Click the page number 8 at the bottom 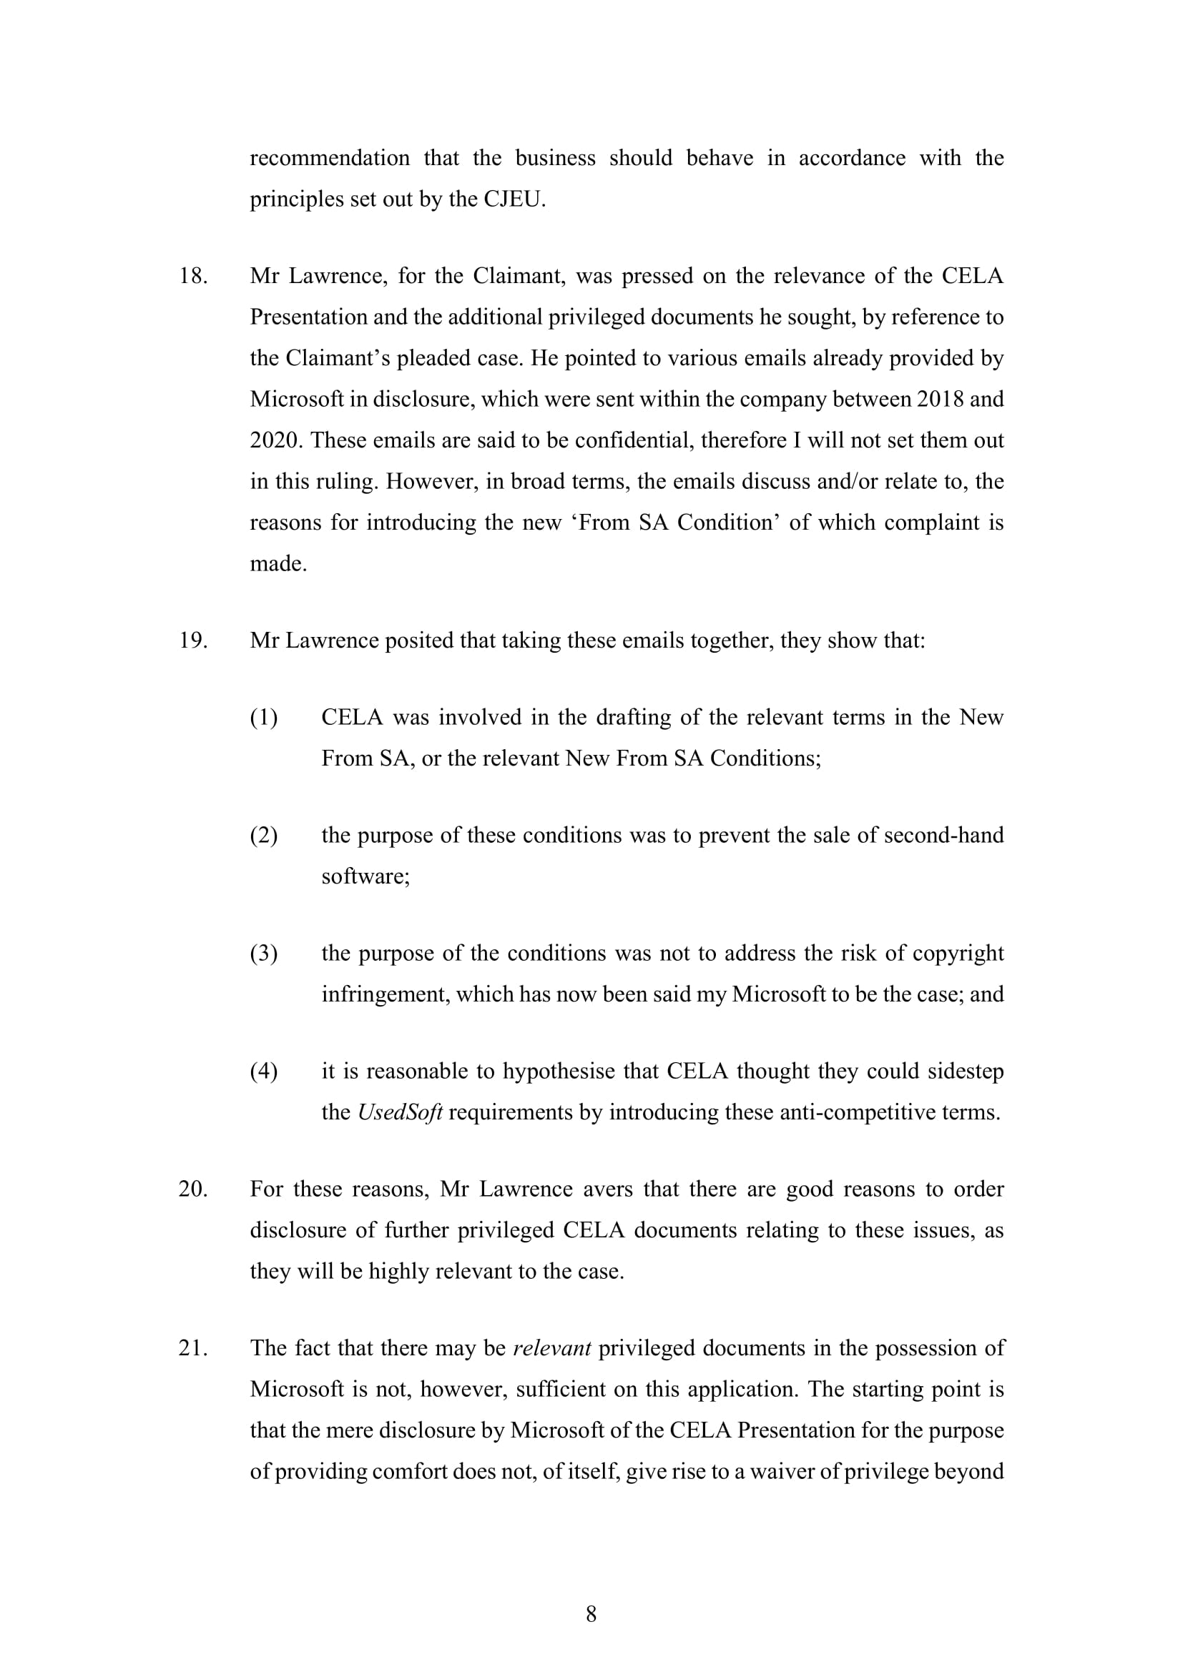(591, 1614)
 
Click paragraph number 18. (193, 276)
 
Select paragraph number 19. (193, 640)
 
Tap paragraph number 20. (193, 1189)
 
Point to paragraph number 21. (193, 1348)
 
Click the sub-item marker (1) (264, 718)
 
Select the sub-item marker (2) (264, 835)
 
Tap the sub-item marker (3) (264, 954)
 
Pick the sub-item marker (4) (264, 1072)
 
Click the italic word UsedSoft (400, 1113)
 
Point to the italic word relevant (551, 1348)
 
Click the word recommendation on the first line (330, 158)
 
